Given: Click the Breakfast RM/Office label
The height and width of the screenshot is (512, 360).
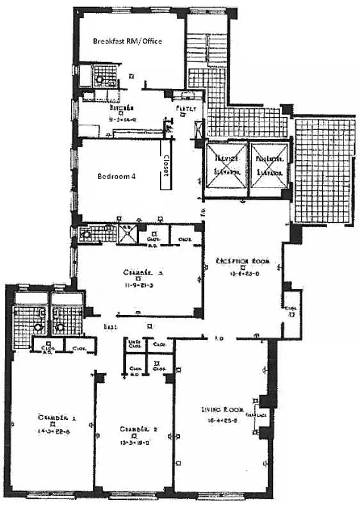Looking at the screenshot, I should point(127,41).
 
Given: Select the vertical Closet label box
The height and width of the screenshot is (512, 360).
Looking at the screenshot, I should point(165,165).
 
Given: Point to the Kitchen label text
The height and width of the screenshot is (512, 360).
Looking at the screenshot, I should point(122,108).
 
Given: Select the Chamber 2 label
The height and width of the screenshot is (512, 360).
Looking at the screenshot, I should point(134,429).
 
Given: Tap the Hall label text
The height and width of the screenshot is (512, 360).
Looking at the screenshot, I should point(110,326).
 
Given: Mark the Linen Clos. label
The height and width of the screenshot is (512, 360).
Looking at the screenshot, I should point(135,346).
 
